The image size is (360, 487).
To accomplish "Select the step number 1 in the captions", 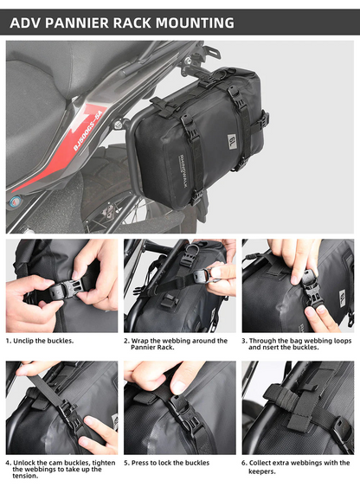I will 9,341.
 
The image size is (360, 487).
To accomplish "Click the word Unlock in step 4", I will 26,463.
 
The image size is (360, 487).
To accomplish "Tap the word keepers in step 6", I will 262,471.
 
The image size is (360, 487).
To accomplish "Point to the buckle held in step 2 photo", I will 201,275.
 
